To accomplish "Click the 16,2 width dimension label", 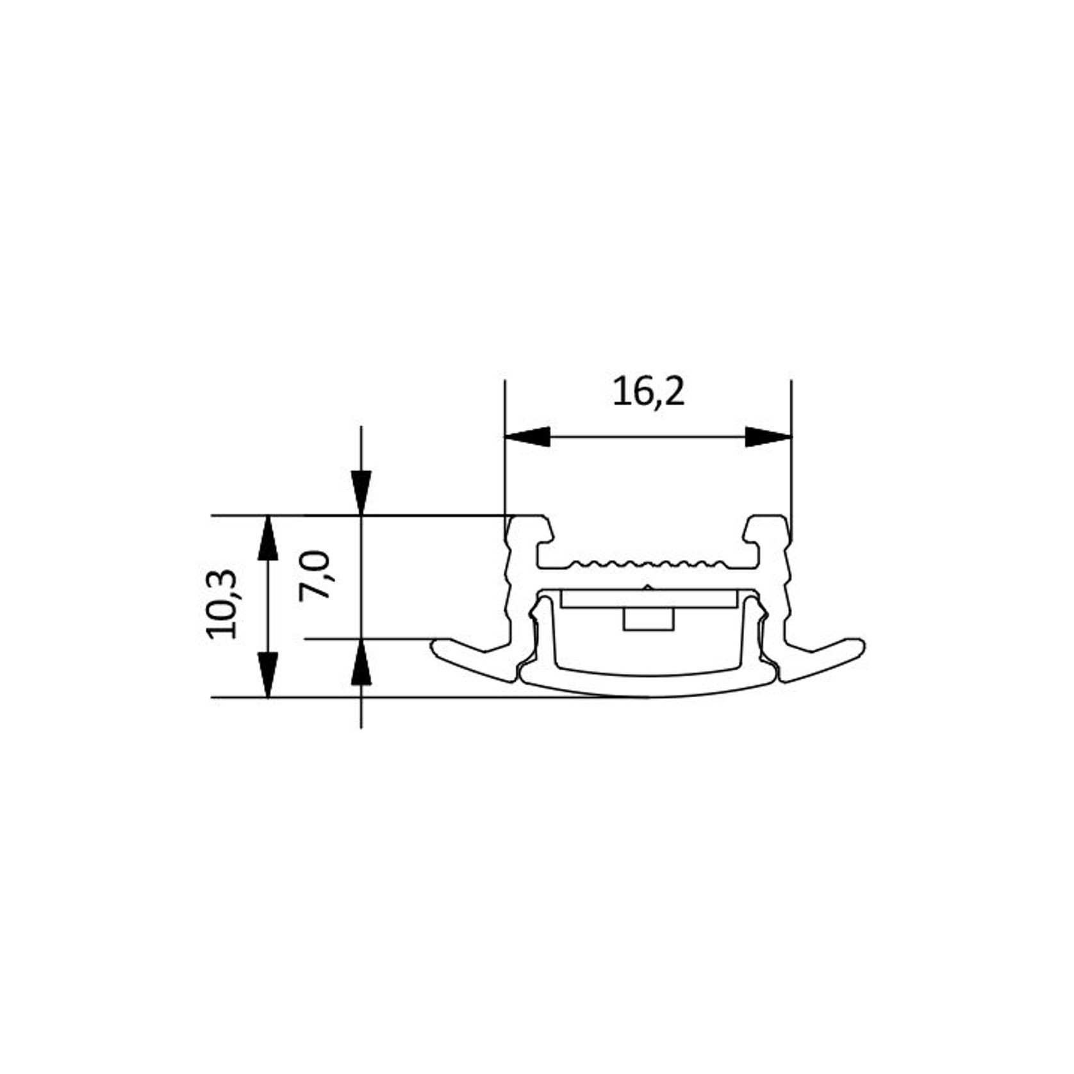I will click(x=649, y=392).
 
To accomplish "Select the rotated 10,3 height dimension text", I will click(x=222, y=604).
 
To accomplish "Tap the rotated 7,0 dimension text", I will click(x=315, y=574).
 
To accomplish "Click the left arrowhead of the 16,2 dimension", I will click(x=528, y=437).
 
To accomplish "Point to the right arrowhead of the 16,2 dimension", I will click(x=768, y=437).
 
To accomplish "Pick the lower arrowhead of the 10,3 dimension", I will click(x=268, y=673).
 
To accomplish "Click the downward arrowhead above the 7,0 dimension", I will click(x=361, y=492).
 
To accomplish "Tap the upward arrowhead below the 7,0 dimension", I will click(x=361, y=662).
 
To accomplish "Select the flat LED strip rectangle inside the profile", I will click(x=648, y=599).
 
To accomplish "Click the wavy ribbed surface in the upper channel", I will click(x=648, y=565).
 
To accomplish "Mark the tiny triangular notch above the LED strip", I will click(x=648, y=587).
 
